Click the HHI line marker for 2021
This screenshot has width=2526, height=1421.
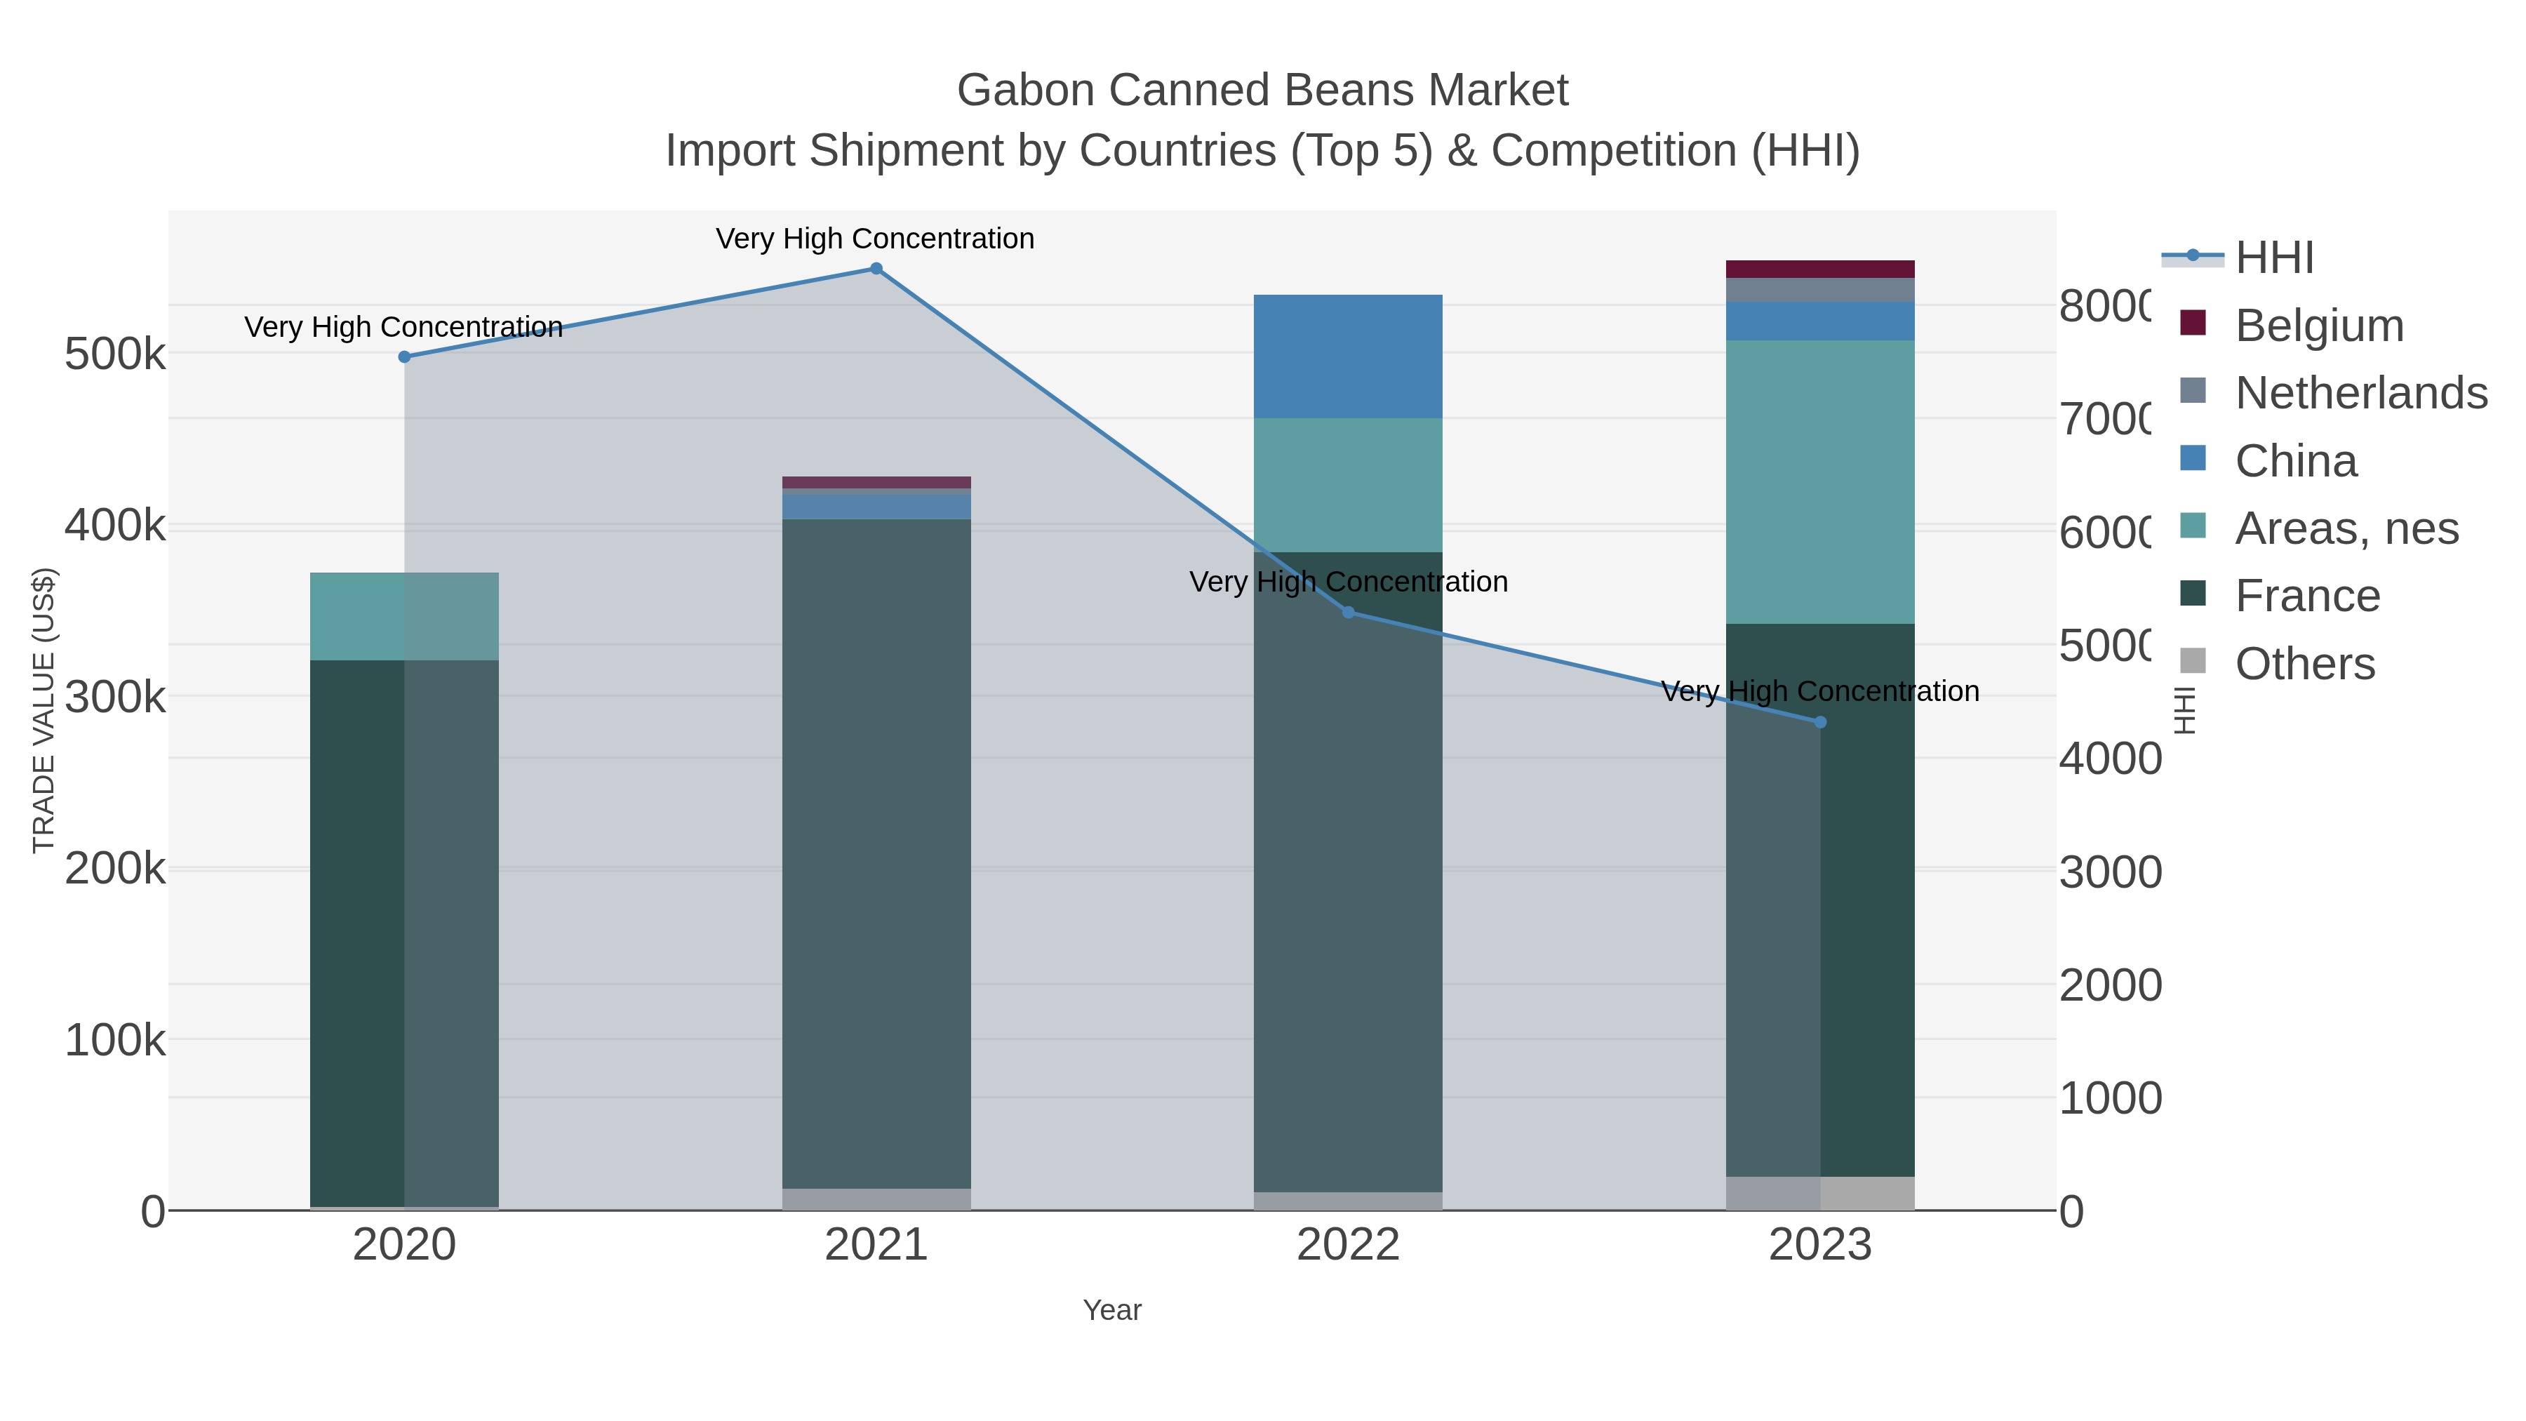tap(876, 269)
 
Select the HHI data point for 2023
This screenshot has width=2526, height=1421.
tap(1820, 723)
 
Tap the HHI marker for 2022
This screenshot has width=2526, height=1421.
tap(1347, 613)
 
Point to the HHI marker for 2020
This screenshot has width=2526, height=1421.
tap(404, 357)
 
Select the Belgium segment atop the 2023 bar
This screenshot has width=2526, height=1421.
tap(1820, 269)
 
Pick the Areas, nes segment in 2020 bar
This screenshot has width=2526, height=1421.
tap(404, 616)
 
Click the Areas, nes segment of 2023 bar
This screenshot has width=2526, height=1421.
tap(1820, 481)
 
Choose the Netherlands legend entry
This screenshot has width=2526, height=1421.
tap(2360, 393)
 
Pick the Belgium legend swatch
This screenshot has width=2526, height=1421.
tap(2193, 323)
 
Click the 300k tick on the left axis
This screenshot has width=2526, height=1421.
tap(115, 698)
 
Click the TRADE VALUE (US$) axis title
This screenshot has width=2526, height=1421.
tap(44, 710)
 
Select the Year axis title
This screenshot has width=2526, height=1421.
tap(1112, 1310)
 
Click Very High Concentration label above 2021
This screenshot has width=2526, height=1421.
tap(875, 239)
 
